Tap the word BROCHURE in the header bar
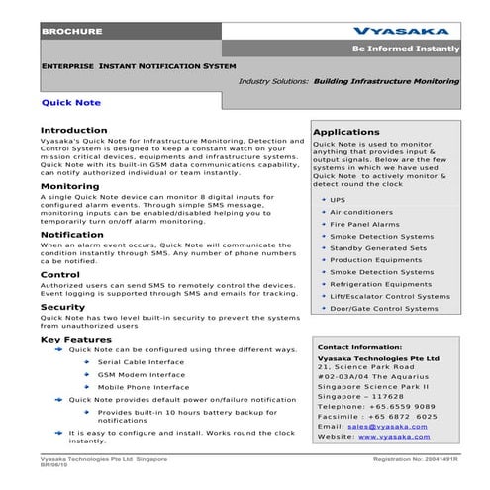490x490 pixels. click(x=71, y=33)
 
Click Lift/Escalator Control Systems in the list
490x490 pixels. click(x=389, y=295)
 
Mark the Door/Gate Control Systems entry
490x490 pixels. click(x=383, y=308)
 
